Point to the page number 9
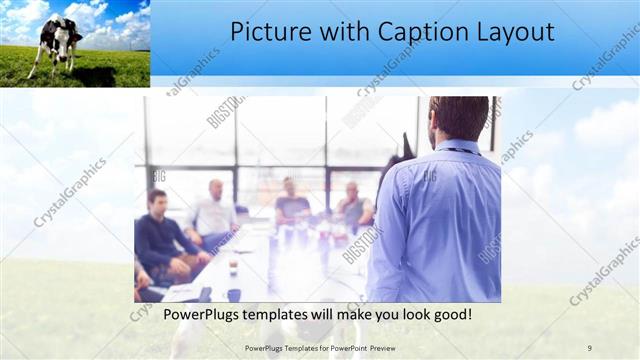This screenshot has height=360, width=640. click(x=589, y=347)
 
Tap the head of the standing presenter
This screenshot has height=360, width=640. click(x=459, y=117)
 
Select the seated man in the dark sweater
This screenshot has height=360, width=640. click(x=159, y=235)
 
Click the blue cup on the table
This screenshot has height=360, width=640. click(x=233, y=294)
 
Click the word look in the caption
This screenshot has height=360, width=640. click(x=407, y=316)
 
